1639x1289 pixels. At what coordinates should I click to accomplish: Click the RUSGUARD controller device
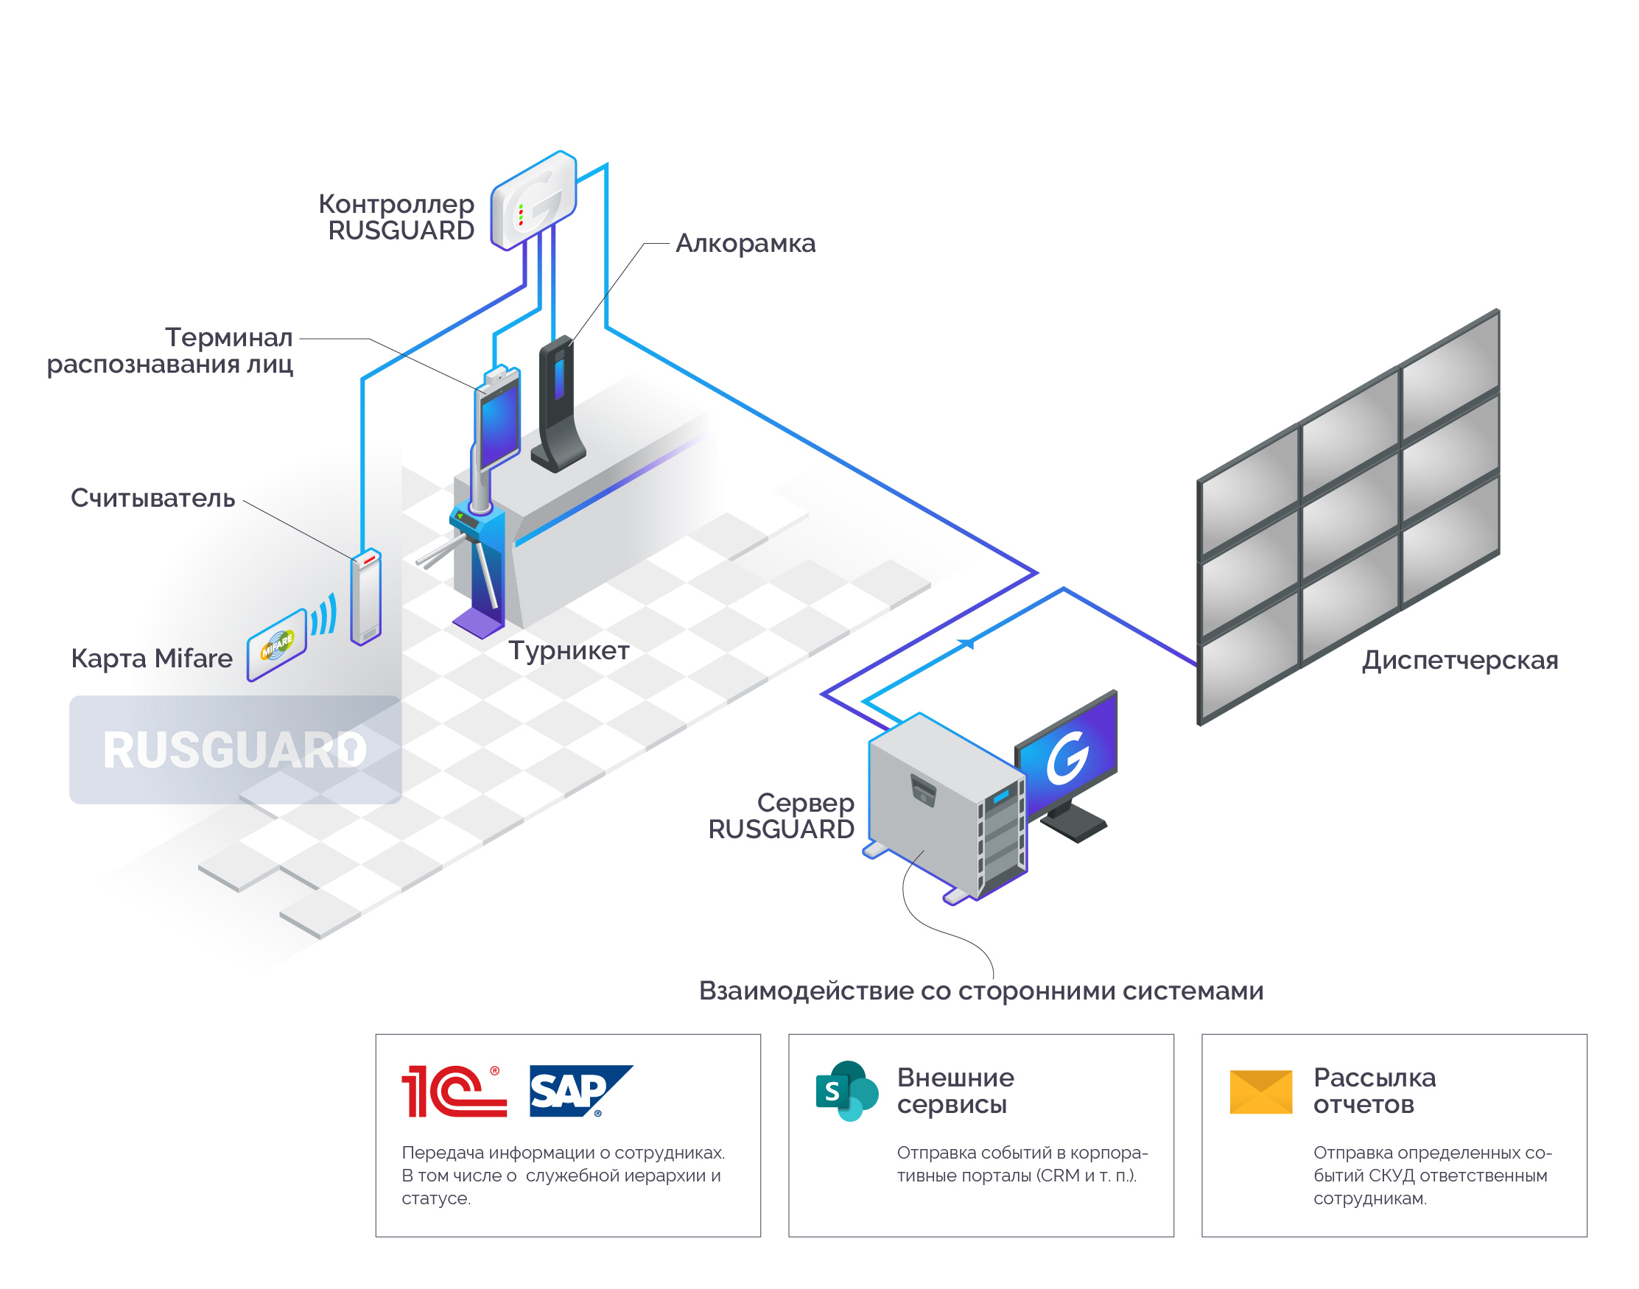(533, 200)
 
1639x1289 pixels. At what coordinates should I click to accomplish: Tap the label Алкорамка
(745, 244)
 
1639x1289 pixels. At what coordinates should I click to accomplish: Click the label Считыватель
(152, 499)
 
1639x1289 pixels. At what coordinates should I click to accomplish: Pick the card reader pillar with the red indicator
(366, 597)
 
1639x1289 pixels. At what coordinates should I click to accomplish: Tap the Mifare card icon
(276, 645)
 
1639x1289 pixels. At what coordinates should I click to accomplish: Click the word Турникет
(568, 650)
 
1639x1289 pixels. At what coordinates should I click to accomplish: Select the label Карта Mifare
(151, 658)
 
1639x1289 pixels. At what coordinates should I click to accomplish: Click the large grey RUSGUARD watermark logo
(235, 750)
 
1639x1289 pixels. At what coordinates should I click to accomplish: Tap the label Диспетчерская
(1459, 661)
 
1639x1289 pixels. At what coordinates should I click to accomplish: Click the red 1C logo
(453, 1092)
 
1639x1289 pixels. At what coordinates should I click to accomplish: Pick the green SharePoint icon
(846, 1092)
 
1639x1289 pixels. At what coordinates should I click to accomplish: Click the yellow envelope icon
(1260, 1092)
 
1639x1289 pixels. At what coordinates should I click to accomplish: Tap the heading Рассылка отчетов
(1373, 1092)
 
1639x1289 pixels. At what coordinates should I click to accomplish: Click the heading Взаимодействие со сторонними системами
(980, 991)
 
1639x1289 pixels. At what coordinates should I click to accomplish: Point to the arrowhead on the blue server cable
(966, 644)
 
